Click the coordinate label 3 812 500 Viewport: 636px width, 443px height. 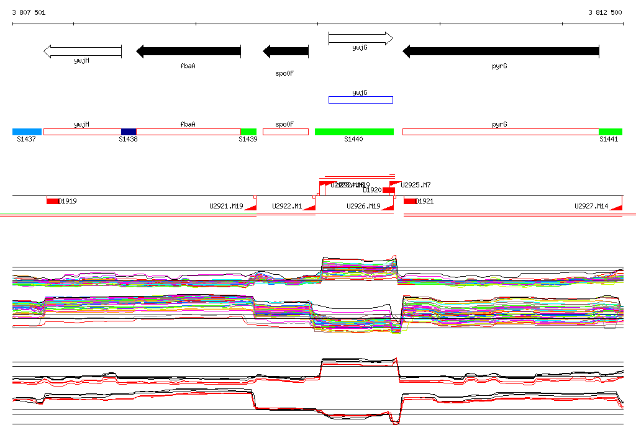[605, 12]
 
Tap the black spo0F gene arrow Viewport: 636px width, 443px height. [286, 51]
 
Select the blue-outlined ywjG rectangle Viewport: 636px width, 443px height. [360, 99]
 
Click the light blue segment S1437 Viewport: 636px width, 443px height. [27, 132]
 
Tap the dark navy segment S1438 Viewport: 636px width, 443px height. [129, 132]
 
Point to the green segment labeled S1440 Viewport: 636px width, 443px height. [354, 132]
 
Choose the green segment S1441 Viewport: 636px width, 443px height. [610, 132]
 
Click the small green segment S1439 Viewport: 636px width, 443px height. [248, 132]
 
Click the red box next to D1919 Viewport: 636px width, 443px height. [52, 201]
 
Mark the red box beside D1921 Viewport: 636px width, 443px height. [410, 201]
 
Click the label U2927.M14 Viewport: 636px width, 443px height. [591, 206]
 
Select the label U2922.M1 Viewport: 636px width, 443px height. [287, 206]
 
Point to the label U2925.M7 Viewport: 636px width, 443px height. [416, 185]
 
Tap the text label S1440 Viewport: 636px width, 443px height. [353, 140]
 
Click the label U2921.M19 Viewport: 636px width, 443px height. [226, 206]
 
